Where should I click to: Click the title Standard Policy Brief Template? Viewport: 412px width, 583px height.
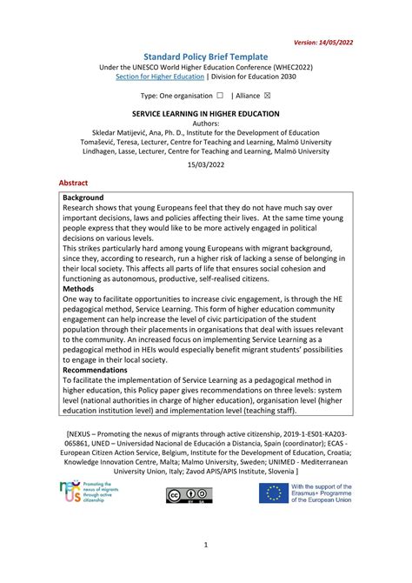point(205,56)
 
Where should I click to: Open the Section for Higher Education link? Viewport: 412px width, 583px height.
point(164,77)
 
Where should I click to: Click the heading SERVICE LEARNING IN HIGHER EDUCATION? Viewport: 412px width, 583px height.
point(205,114)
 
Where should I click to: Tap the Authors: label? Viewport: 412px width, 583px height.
point(205,124)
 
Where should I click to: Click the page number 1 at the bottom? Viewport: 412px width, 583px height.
point(205,545)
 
